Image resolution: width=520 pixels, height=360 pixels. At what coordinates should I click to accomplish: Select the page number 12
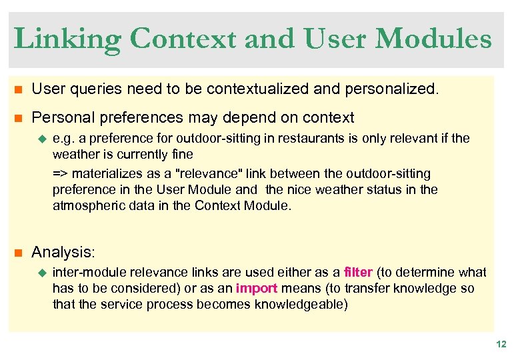tap(501, 344)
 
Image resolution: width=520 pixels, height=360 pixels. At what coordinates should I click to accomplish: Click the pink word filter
tap(359, 272)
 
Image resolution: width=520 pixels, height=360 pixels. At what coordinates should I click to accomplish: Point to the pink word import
tap(257, 288)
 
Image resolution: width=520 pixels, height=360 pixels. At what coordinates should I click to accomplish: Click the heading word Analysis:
tap(63, 252)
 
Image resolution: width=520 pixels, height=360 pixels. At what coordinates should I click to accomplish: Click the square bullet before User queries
tap(18, 89)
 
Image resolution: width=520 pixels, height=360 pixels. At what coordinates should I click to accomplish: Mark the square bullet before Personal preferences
tap(18, 118)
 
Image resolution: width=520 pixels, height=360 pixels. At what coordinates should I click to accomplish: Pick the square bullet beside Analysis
tap(18, 253)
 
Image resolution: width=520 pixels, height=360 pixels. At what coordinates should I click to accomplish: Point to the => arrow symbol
tap(60, 173)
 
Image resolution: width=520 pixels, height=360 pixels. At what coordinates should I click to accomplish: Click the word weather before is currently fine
tap(74, 155)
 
